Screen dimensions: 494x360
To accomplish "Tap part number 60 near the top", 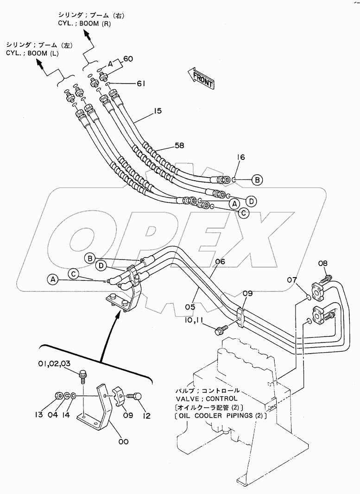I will tap(128, 59).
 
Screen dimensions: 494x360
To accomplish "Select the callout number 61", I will tap(141, 84).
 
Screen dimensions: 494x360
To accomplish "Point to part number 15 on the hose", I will tap(158, 111).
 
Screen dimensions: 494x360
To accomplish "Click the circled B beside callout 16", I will tap(258, 179).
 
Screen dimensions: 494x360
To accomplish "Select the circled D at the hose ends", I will tap(251, 201).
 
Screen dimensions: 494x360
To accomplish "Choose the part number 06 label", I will tap(220, 262).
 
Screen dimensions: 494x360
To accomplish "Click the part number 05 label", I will tap(202, 306).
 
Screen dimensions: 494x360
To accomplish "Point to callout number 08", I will tap(323, 264).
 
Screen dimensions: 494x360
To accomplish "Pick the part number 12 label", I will tap(146, 416).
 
